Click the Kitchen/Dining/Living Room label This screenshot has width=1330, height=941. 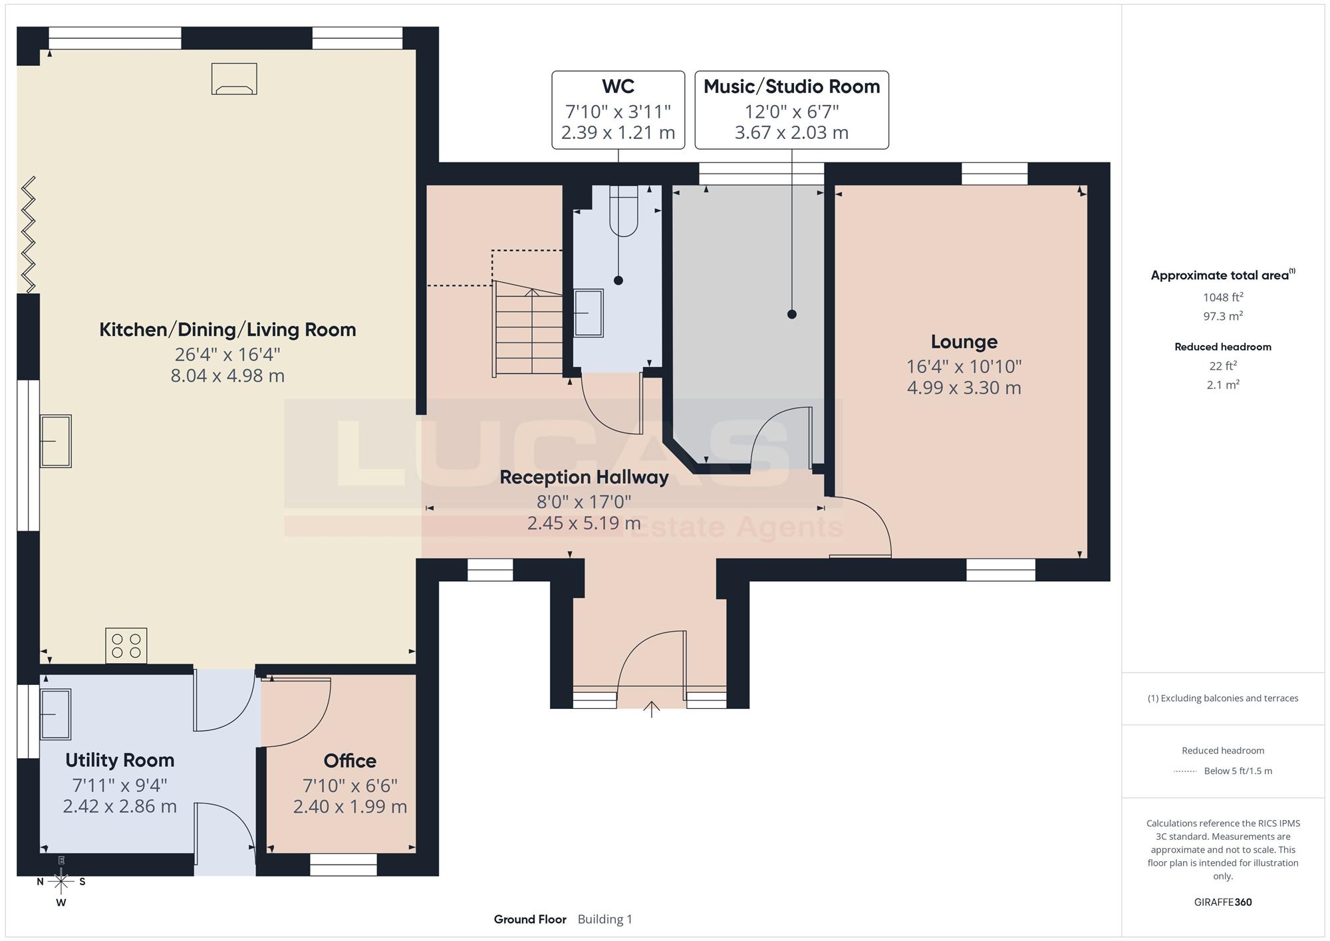tap(227, 330)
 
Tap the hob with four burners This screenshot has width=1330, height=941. tap(126, 646)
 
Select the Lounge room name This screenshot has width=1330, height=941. tap(964, 342)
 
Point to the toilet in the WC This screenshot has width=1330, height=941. tap(623, 211)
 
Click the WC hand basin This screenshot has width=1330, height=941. tap(589, 313)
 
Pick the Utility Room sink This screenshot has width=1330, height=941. tap(56, 715)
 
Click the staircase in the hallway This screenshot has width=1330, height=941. tap(529, 329)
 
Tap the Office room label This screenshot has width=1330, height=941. tap(350, 761)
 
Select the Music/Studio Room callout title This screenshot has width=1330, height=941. tap(791, 86)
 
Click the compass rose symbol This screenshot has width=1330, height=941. tap(61, 882)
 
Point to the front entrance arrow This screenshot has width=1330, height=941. tap(651, 710)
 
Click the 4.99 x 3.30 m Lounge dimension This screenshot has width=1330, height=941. tap(964, 388)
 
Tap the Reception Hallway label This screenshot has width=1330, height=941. tap(584, 477)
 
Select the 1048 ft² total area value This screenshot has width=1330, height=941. tap(1223, 297)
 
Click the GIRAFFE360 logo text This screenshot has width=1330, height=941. tap(1223, 902)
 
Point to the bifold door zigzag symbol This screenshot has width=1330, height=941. tap(28, 234)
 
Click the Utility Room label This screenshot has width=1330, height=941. tap(120, 760)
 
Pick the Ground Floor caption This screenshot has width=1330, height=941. tap(530, 920)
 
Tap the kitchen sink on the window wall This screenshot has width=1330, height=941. tap(56, 442)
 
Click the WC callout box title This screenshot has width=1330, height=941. tap(618, 86)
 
